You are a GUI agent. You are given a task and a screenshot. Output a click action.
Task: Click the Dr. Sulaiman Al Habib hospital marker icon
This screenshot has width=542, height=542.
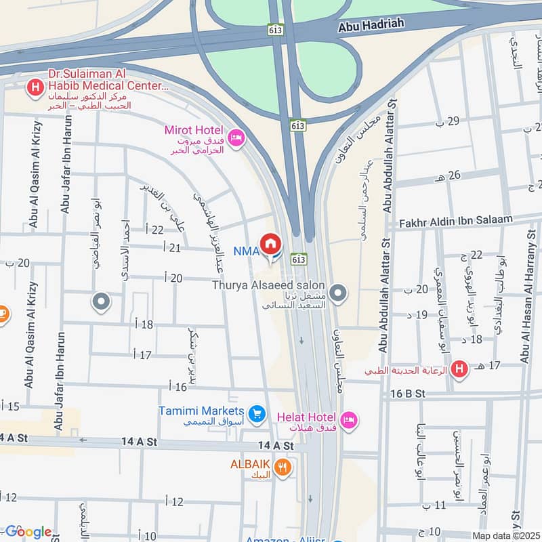(35, 87)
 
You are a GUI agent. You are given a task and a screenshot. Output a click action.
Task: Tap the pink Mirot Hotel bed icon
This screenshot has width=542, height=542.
(236, 138)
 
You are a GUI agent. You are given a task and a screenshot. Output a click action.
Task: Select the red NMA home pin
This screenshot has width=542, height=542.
(270, 244)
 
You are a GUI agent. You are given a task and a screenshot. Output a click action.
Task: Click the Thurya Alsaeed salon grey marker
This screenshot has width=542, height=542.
(339, 295)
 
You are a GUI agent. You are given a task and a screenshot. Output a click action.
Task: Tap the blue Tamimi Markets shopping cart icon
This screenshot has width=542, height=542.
(256, 413)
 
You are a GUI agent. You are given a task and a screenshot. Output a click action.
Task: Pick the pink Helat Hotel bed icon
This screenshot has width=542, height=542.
(348, 420)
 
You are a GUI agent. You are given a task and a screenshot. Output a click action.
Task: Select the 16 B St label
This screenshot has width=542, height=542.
(407, 394)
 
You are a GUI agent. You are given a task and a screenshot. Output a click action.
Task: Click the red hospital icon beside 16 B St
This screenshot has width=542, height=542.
(460, 370)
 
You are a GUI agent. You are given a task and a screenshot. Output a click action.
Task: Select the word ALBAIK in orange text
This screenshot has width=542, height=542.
(250, 464)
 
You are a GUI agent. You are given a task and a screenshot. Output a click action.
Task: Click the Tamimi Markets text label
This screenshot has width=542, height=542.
(201, 411)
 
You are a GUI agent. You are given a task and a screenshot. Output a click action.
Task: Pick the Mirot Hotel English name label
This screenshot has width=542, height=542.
(194, 129)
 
